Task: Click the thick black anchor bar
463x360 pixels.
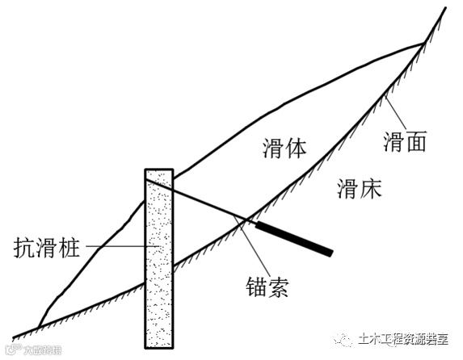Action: click(294, 237)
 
